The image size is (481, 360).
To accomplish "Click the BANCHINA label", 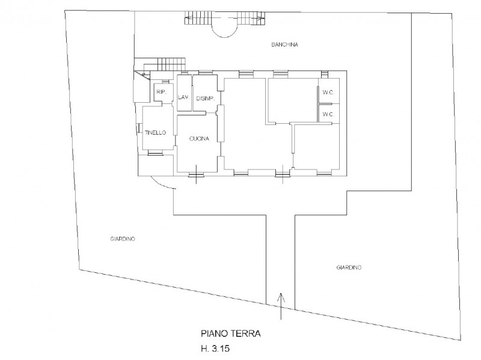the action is click(284, 44).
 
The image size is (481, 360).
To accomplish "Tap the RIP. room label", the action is click(161, 92).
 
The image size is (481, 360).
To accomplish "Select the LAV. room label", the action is click(184, 97).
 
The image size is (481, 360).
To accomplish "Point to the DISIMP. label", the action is click(205, 99).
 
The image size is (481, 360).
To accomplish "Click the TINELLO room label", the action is click(155, 132).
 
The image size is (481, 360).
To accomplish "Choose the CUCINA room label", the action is click(199, 139).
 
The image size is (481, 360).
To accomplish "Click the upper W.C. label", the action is click(328, 93).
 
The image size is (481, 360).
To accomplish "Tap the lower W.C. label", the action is click(328, 114).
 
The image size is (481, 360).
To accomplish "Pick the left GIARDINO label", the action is click(123, 239).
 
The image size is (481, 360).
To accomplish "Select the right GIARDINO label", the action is click(349, 267).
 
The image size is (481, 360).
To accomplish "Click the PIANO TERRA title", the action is click(231, 334).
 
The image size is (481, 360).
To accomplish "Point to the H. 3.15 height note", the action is click(215, 349).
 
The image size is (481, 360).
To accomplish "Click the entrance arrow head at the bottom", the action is click(280, 297).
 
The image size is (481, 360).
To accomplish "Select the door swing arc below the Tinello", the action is click(164, 184).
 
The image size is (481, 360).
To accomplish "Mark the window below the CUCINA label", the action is click(196, 174).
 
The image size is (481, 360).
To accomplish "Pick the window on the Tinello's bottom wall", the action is click(156, 153).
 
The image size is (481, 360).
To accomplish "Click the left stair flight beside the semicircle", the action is click(198, 18).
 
